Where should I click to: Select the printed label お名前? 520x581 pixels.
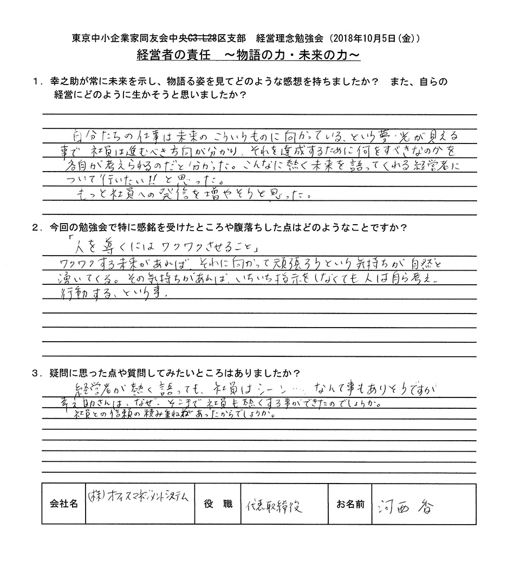tap(349, 504)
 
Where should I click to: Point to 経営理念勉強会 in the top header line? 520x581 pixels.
tap(286, 39)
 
